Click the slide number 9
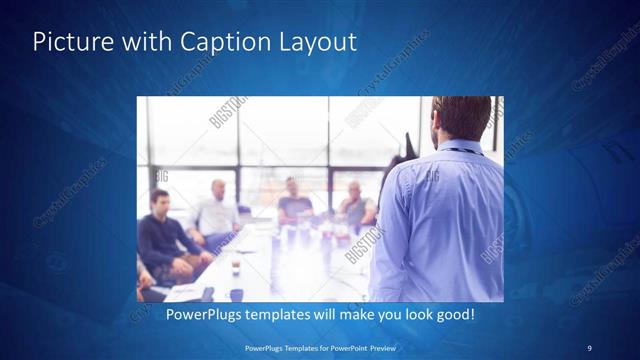589,347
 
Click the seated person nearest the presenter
355,206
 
